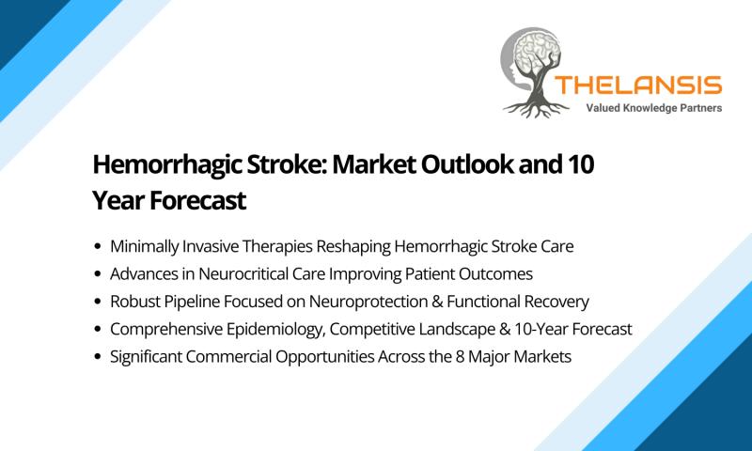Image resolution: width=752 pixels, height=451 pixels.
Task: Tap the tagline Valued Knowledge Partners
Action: (653, 108)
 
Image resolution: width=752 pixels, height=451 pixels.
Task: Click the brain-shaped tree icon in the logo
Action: (534, 72)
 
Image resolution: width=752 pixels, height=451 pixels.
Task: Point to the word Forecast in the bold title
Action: (197, 200)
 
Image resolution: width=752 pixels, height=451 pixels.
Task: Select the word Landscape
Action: (458, 330)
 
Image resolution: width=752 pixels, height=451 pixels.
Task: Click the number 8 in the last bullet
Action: (460, 357)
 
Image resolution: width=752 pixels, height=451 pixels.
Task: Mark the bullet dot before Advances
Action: (98, 274)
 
